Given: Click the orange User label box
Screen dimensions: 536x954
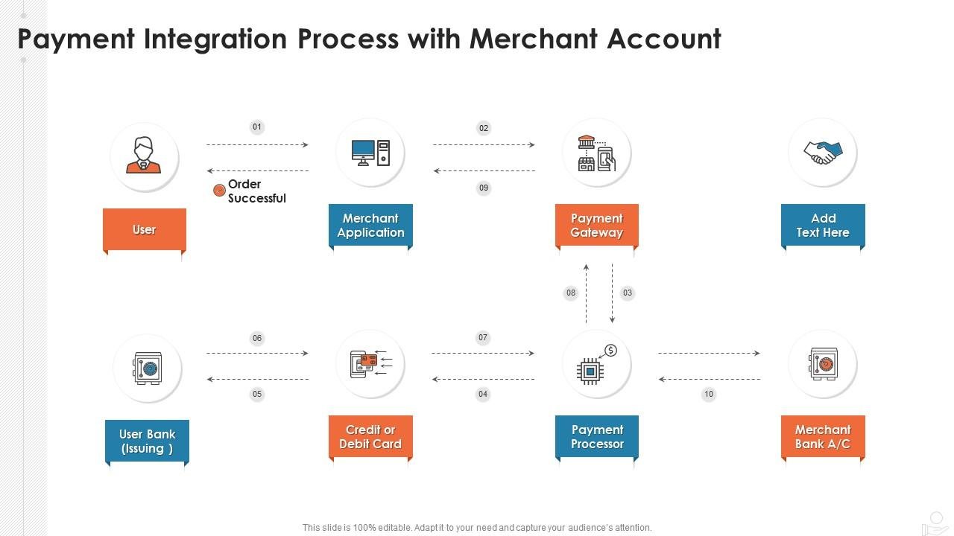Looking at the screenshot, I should click(x=144, y=230).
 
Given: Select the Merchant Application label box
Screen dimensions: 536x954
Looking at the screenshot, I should click(x=370, y=226).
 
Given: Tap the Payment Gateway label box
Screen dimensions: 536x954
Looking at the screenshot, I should click(x=596, y=226).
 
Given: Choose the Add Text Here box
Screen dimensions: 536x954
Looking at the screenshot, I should click(x=823, y=226).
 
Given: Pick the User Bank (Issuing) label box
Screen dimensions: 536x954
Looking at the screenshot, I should click(x=147, y=441).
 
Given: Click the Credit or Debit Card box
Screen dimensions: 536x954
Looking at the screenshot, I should click(x=370, y=437).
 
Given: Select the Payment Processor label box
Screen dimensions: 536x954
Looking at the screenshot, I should click(x=596, y=437).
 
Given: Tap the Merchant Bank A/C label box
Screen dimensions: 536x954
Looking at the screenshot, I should click(x=823, y=437).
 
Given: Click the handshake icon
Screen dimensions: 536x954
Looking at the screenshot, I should click(x=822, y=153).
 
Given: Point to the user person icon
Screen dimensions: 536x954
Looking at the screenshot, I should click(x=144, y=156).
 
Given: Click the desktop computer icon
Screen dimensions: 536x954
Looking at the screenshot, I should click(x=370, y=153).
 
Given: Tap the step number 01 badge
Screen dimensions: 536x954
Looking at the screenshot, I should click(x=257, y=127).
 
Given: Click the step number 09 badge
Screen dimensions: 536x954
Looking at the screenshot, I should click(x=484, y=188).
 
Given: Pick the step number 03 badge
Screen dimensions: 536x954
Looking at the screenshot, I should click(x=628, y=293).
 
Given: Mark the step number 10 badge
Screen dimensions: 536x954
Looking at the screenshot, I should click(x=709, y=395).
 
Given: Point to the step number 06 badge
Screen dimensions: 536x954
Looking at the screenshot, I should click(x=257, y=339).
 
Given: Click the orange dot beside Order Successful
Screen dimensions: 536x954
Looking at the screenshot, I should click(x=219, y=191).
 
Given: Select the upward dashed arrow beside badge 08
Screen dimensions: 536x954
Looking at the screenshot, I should click(x=587, y=293).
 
